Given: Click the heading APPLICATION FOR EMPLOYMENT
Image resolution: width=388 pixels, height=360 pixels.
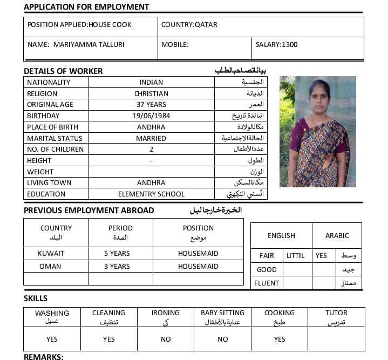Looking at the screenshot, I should tap(86, 7).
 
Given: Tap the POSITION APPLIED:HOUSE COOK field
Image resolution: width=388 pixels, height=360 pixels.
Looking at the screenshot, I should tap(79, 25).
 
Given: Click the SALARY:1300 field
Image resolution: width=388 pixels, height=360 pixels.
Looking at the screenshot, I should tap(276, 45).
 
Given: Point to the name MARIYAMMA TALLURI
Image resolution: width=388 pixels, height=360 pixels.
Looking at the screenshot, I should tap(89, 45).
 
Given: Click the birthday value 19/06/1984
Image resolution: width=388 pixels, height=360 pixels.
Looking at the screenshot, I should tap(151, 116).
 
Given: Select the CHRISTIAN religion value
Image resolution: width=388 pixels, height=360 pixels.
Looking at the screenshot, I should tap(151, 94).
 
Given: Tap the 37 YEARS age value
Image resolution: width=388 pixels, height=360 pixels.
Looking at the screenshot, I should tap(151, 105).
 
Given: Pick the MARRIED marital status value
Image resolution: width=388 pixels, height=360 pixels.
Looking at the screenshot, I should tap(151, 138).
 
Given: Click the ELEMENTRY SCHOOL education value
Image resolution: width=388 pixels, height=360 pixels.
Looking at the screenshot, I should tap(151, 194).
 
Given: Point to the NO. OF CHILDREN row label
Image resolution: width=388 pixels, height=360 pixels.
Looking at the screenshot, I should tap(55, 150).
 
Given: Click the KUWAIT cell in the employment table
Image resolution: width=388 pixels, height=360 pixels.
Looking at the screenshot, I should tap(51, 253).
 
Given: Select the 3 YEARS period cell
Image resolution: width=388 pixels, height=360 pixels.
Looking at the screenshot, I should tap(117, 266).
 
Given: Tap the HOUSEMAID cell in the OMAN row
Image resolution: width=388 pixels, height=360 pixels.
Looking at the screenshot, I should tap(198, 266).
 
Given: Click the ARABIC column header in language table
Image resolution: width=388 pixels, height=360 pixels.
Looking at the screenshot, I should tap(337, 236).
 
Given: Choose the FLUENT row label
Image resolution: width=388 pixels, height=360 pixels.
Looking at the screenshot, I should tap(267, 283).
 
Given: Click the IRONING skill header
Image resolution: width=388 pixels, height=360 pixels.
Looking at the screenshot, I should tap(166, 313).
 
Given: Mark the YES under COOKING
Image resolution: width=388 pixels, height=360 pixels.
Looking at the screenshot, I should tap(280, 339).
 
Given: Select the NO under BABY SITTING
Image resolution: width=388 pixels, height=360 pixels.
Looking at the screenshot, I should tap(222, 339).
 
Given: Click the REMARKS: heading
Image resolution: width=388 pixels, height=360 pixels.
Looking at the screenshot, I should tap(44, 357).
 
